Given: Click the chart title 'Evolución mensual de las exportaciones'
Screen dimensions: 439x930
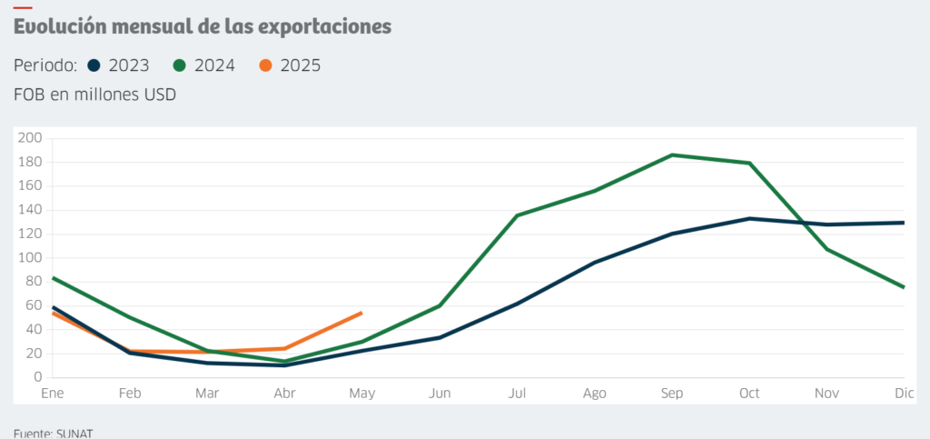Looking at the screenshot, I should (x=203, y=27).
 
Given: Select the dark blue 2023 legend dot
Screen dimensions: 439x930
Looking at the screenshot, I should (x=94, y=65).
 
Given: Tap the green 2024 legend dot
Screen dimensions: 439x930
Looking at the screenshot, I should (x=180, y=65).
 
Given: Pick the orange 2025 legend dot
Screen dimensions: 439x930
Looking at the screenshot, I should (x=265, y=65).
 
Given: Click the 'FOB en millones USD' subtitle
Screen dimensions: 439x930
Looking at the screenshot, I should (x=95, y=94).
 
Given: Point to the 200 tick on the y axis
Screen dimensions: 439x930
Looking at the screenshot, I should (x=31, y=138).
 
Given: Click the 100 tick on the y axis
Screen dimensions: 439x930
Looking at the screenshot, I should (x=31, y=257).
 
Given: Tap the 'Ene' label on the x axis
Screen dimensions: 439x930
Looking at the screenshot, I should (x=53, y=394).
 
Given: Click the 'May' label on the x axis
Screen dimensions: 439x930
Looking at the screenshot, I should (x=361, y=394).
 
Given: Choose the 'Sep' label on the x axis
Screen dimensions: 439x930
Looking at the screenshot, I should (x=672, y=394).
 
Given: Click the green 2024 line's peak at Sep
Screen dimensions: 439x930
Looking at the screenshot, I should (x=672, y=155).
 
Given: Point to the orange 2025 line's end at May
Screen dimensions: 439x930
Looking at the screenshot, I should (x=361, y=313).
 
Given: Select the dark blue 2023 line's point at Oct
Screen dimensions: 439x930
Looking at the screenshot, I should (x=749, y=218).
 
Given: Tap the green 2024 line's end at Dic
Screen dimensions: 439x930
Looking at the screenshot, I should (x=904, y=287).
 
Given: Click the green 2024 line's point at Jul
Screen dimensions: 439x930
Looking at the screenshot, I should (x=517, y=215).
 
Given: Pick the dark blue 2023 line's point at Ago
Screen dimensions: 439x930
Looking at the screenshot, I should (x=594, y=263).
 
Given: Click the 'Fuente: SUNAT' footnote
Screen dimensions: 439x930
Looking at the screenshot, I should (x=54, y=432).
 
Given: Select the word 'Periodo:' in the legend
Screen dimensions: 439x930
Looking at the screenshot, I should (x=45, y=65).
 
